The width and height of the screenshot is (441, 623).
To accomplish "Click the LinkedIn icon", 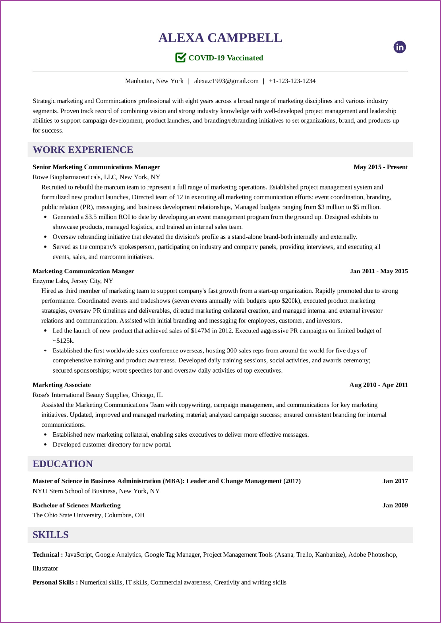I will [x=400, y=47].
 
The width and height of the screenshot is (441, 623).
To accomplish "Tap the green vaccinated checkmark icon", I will [x=180, y=58].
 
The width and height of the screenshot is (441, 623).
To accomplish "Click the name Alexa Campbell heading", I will [x=220, y=38].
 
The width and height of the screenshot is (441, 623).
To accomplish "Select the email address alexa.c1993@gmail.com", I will [x=226, y=81].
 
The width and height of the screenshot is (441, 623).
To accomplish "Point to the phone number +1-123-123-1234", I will [x=292, y=81].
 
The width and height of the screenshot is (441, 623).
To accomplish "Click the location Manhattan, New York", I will [x=154, y=81].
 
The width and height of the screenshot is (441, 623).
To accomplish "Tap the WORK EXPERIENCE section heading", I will [x=83, y=150].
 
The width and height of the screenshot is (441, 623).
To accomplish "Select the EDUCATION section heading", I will [x=63, y=464].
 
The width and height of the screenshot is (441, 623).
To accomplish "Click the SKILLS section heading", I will [x=50, y=535].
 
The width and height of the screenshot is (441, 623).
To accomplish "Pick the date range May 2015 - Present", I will [x=381, y=167].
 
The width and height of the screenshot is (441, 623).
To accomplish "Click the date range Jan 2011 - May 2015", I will [x=379, y=271].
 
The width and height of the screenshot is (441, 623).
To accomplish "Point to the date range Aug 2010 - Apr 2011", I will [x=378, y=385].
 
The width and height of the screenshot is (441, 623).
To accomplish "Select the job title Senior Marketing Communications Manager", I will [x=96, y=167].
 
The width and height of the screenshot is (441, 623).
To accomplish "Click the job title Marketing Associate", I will [x=62, y=385].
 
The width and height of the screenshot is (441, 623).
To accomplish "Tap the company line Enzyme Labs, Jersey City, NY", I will [x=73, y=281].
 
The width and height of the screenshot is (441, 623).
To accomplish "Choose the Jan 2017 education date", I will [x=395, y=481].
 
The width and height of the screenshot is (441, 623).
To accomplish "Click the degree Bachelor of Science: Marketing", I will [x=76, y=505].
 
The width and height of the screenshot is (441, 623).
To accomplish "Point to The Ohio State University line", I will [x=88, y=515].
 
